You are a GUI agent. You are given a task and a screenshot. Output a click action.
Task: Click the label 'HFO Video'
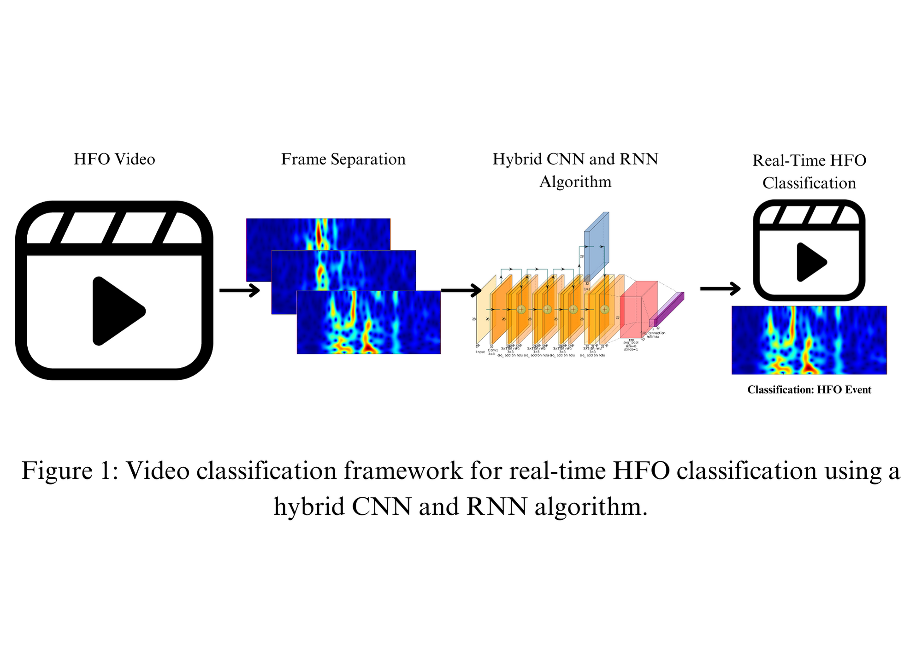click(x=114, y=159)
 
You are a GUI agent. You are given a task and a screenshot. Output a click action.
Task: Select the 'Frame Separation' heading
click(x=343, y=159)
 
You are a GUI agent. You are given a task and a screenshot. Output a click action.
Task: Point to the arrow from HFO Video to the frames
click(x=239, y=290)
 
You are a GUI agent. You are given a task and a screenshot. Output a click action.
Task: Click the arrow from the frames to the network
click(x=461, y=290)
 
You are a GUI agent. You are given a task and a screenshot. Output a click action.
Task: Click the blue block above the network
click(x=596, y=244)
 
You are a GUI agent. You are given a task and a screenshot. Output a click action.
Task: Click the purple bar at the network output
click(x=668, y=309)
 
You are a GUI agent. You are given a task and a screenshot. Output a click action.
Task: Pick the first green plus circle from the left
click(x=521, y=309)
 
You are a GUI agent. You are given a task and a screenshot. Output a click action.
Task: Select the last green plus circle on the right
click(x=605, y=309)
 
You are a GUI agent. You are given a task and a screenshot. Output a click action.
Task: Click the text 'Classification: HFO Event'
click(x=809, y=390)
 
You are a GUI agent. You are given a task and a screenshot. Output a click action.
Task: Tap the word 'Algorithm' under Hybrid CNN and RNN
click(x=575, y=182)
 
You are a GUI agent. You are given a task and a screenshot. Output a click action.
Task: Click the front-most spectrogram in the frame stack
click(x=369, y=323)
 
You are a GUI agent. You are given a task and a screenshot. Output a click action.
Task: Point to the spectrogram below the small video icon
click(x=809, y=340)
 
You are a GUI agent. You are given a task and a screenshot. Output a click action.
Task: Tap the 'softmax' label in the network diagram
click(x=653, y=337)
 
